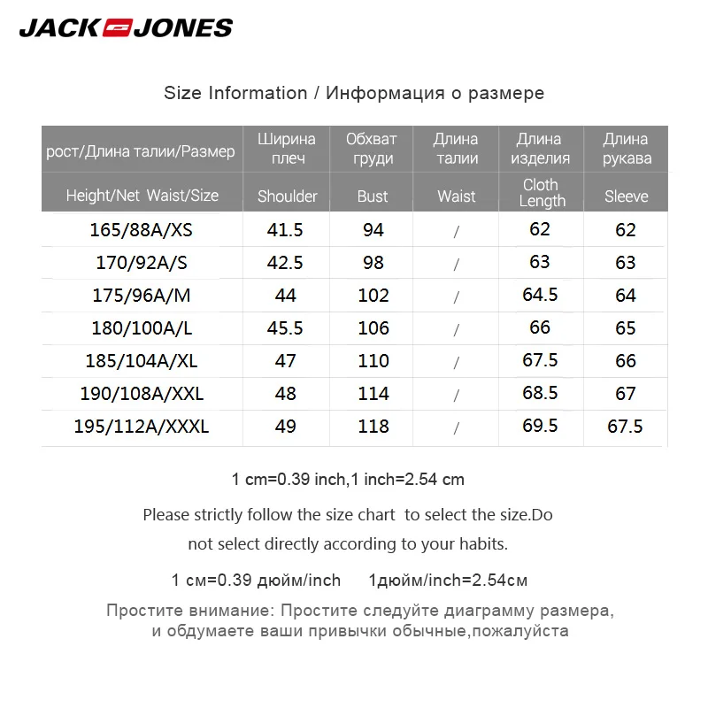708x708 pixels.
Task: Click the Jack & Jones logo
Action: point(125,27)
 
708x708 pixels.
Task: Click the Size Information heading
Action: point(354,93)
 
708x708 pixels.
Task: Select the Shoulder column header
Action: point(287,196)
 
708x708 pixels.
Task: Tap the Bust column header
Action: point(373,196)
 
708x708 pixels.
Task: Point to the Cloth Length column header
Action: point(542,192)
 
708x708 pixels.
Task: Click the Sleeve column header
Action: point(627,196)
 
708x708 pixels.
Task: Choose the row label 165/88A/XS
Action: point(141,230)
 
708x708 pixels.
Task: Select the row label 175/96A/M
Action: point(142,296)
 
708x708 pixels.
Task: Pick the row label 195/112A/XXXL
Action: point(142,427)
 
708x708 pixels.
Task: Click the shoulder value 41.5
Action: point(285,230)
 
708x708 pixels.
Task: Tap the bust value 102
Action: point(373,296)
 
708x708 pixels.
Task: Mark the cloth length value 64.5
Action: point(540,295)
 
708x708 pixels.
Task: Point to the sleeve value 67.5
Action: point(626,427)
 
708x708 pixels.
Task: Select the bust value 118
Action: point(373,427)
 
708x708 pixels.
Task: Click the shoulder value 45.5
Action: point(285,328)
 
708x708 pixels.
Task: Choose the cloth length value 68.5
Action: point(540,393)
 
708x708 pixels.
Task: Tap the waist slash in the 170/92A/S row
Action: point(457,264)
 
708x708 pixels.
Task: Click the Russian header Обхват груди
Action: point(372,149)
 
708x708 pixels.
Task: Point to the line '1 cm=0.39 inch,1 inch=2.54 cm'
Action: point(348,480)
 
